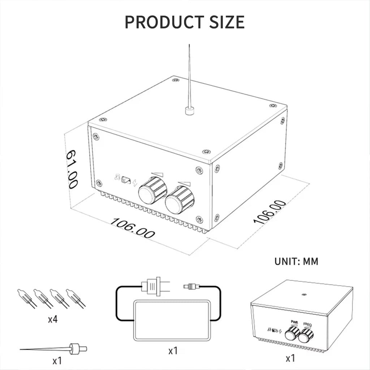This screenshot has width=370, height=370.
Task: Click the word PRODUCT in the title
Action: (x=164, y=22)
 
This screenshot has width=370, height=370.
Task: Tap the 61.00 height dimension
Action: (x=72, y=169)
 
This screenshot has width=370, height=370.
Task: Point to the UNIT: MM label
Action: (x=296, y=262)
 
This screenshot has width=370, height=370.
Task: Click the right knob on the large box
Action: (x=179, y=200)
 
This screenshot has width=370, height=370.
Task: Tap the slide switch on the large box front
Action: (x=126, y=180)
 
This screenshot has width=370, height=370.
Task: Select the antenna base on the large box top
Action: (x=189, y=111)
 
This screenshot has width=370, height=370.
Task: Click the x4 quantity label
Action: (x=53, y=319)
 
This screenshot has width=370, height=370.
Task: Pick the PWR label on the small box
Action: (x=294, y=322)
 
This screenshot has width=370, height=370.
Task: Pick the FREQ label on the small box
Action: (x=307, y=324)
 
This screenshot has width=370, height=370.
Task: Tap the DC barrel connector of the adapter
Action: (x=192, y=287)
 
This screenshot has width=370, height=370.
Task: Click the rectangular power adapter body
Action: (x=172, y=320)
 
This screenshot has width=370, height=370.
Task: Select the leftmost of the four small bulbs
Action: (x=27, y=298)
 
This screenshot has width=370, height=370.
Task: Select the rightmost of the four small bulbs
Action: (x=76, y=298)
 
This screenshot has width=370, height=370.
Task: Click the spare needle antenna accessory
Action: (x=53, y=349)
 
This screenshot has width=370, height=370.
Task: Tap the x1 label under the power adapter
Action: (x=173, y=351)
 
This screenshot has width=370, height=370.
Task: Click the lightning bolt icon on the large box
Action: (x=135, y=183)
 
